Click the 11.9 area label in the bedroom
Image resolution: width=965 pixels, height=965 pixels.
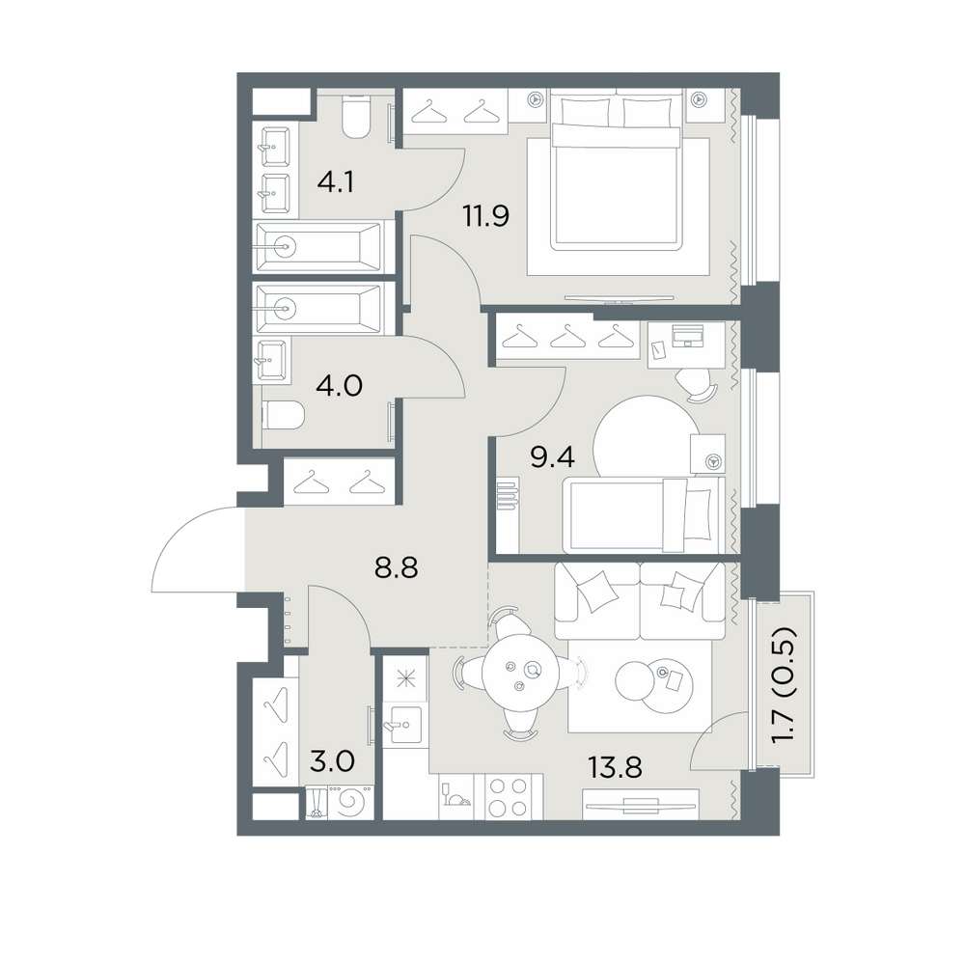pos(486,216)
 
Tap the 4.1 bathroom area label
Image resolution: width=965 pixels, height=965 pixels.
pos(336,182)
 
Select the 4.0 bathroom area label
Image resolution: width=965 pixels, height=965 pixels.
pos(339,386)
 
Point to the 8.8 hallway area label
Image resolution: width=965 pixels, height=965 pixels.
pos(397,568)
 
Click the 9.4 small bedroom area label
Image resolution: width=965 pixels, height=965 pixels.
pos(553,457)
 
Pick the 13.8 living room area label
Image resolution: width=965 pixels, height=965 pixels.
pos(615,767)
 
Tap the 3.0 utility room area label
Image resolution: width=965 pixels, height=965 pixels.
pos(332,762)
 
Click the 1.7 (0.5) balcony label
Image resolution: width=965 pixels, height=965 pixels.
pos(785,685)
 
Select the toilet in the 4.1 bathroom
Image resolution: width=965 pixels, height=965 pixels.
pos(356,118)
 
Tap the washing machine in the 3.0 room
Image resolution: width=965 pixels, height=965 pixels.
pos(351,802)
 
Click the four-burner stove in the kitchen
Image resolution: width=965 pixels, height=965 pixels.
pos(508,797)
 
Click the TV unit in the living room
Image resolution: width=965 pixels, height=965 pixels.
pos(640,804)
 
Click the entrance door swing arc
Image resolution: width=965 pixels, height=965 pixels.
pos(177,531)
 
